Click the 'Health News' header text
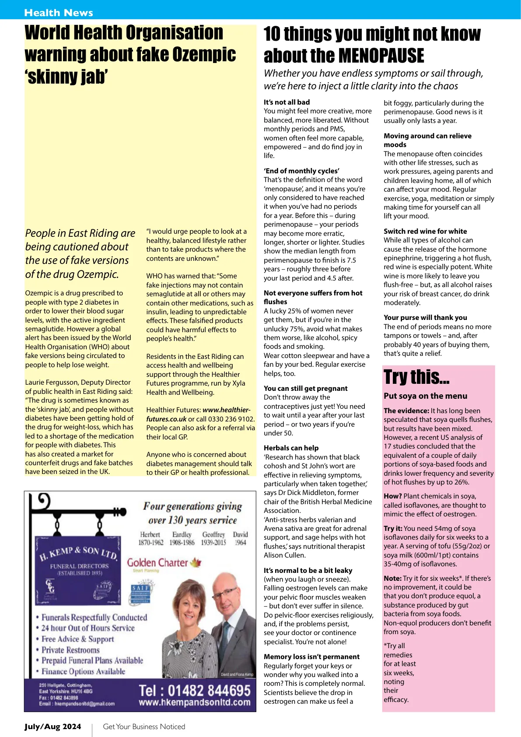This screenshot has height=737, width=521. point(59,13)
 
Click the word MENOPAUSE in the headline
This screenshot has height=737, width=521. point(381,56)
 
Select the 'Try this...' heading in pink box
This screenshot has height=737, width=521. point(416,377)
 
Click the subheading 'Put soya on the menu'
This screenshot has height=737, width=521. point(425,396)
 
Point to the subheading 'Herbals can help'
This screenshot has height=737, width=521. point(291,448)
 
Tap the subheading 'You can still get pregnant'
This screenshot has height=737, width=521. point(305,388)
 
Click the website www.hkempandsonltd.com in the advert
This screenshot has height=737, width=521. point(195,702)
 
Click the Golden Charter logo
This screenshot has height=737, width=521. point(164,563)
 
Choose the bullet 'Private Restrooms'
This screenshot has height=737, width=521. point(70,650)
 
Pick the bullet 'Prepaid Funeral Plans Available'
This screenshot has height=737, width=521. point(92,660)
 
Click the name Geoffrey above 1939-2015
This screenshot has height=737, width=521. point(213,535)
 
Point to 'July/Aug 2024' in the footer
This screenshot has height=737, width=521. point(53,726)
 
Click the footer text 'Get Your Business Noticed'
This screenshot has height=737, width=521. point(144,726)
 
